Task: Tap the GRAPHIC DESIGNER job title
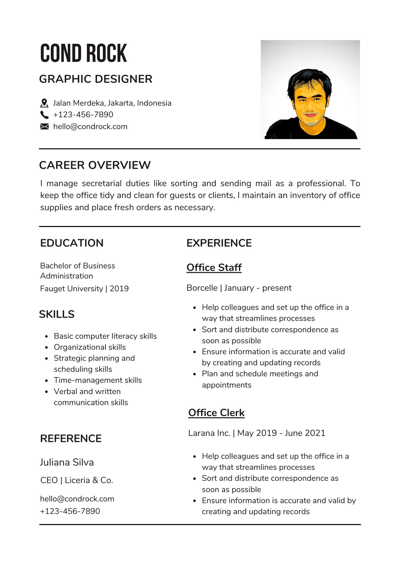(96, 79)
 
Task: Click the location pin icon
(44, 103)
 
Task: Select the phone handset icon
(44, 115)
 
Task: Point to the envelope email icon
(44, 127)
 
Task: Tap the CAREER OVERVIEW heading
(95, 165)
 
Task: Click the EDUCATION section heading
(72, 243)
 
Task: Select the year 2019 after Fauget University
(119, 289)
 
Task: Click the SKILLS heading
(57, 314)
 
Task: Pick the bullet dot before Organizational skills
(47, 347)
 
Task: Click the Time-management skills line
(98, 380)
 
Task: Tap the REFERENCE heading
(71, 439)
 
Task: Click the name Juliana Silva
(67, 462)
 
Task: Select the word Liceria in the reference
(77, 480)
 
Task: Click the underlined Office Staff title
(214, 268)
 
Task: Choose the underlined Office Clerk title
(216, 413)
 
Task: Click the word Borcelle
(202, 288)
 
